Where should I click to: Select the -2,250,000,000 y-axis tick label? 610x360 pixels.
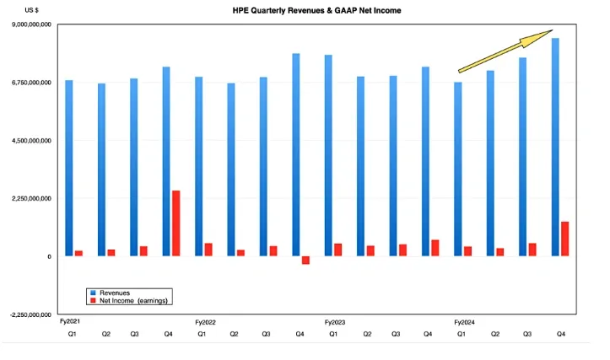coord(29,314)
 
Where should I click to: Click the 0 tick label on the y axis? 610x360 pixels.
coord(49,256)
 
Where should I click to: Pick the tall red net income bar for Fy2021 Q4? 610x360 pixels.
coord(175,223)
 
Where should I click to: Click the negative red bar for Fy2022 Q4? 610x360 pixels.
coord(305,261)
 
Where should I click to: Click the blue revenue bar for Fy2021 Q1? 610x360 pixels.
coord(68,168)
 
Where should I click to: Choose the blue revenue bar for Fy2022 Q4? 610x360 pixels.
coord(296,154)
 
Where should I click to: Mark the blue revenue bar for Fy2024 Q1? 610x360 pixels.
coord(458,169)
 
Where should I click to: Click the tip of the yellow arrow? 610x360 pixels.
coord(552,32)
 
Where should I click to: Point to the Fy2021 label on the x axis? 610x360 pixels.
coord(70,322)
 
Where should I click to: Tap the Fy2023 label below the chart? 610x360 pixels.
coord(336,322)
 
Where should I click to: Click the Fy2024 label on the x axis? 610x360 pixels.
coord(466,322)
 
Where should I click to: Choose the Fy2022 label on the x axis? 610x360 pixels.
coord(206,322)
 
